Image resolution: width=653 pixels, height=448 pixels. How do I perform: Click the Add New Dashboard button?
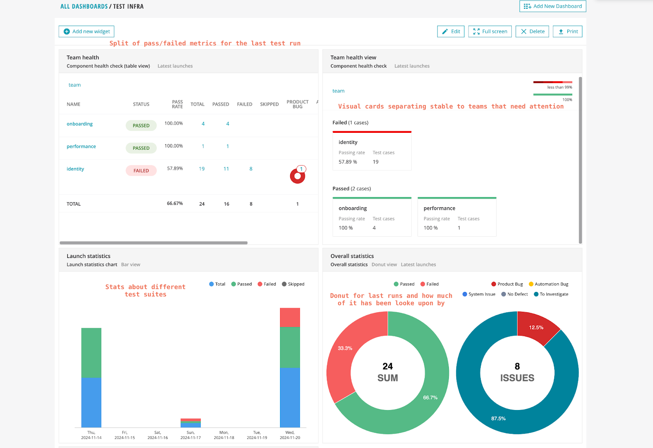[553, 6]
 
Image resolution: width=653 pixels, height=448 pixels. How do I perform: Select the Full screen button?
[490, 31]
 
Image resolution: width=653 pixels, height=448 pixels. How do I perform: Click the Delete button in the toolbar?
[532, 31]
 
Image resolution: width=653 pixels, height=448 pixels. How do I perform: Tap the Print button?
[567, 31]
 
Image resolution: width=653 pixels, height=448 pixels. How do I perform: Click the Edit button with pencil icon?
[451, 31]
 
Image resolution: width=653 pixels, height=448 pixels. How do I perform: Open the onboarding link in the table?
[80, 124]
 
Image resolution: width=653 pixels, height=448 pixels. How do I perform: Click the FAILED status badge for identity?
[141, 171]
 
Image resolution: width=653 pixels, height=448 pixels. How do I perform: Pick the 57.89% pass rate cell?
[175, 168]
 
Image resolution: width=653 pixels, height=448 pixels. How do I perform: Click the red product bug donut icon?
[298, 176]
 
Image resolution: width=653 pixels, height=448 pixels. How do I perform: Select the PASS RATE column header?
[177, 104]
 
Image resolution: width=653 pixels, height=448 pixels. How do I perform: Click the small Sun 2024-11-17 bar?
[191, 423]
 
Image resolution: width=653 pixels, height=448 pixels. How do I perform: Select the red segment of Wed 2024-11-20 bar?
[290, 317]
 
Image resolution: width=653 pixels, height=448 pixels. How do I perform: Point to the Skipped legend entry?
[293, 284]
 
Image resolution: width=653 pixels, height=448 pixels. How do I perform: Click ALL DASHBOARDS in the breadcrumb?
[84, 7]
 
